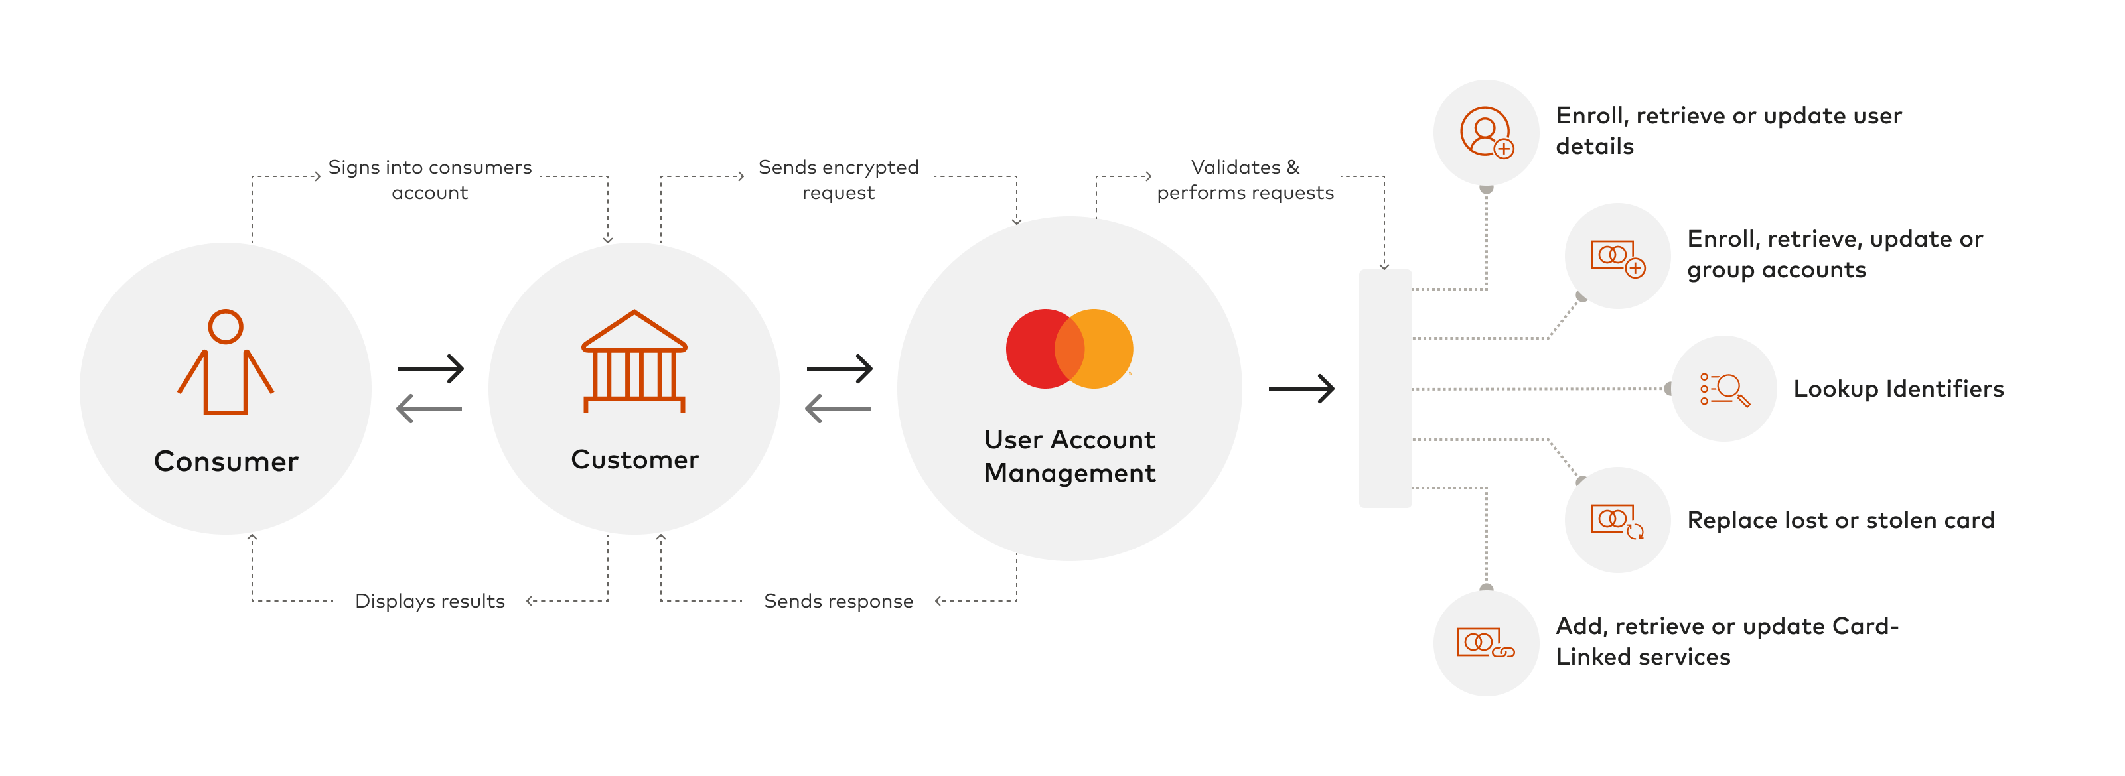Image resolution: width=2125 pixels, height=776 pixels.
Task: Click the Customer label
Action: pyautogui.click(x=634, y=460)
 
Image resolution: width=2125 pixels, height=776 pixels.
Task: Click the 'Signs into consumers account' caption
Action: pyautogui.click(x=430, y=180)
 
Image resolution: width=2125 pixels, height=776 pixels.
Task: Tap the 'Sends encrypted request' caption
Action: pyautogui.click(x=838, y=180)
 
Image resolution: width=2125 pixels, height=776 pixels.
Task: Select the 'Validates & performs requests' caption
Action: pyautogui.click(x=1245, y=180)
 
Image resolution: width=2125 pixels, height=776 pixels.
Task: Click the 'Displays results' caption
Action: pyautogui.click(x=430, y=601)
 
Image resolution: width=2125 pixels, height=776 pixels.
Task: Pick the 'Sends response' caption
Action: pyautogui.click(x=838, y=601)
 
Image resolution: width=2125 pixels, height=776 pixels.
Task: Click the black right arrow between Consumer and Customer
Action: pyautogui.click(x=431, y=369)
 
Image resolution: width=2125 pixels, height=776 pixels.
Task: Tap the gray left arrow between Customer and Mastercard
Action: pyautogui.click(x=838, y=408)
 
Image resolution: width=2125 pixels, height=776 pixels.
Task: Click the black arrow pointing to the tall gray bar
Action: pyautogui.click(x=1301, y=389)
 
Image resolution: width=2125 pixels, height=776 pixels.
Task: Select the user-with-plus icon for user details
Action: pyautogui.click(x=1487, y=132)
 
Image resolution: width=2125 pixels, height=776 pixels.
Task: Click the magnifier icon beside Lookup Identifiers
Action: pyautogui.click(x=1724, y=389)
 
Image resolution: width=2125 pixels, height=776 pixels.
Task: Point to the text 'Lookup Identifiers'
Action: pyautogui.click(x=1898, y=389)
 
